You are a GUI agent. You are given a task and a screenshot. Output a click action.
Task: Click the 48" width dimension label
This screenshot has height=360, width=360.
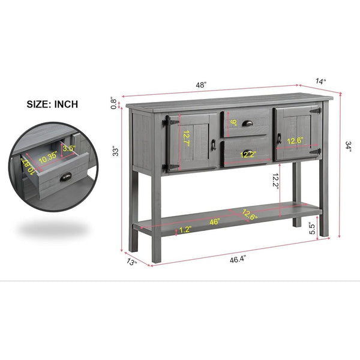pos(201,85)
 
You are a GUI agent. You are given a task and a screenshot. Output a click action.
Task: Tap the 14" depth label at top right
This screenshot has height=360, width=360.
pos(320,81)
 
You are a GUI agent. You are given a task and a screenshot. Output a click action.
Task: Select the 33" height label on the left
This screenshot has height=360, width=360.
pos(115,151)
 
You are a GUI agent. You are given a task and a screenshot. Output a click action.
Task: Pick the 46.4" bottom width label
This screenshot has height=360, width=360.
pos(238,259)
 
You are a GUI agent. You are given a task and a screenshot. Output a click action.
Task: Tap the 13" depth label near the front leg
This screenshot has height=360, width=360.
pos(132,262)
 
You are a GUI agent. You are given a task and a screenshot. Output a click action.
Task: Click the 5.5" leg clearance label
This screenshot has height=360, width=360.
pos(313,228)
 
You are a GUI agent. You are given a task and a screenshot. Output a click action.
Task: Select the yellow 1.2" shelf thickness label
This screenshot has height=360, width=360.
pos(185,230)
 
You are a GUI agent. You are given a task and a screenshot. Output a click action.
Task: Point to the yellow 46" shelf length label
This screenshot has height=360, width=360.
pos(215,222)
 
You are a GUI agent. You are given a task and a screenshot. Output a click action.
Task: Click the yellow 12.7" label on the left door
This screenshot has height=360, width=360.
pos(187,139)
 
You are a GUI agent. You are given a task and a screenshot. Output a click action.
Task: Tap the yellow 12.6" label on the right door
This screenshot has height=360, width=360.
pos(295,140)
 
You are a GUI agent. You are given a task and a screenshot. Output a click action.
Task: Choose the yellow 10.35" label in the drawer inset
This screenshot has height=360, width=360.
pos(48,157)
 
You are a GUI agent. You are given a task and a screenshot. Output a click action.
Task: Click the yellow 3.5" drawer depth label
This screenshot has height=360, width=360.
pos(69,148)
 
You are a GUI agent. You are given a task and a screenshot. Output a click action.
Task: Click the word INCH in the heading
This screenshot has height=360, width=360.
pos(66,104)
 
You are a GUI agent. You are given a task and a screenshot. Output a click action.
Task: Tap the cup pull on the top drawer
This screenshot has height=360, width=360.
pos(247,123)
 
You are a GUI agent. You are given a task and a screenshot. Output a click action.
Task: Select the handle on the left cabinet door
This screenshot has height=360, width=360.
pos(213,145)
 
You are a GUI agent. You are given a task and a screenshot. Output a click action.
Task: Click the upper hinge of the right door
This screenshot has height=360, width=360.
pos(316,111)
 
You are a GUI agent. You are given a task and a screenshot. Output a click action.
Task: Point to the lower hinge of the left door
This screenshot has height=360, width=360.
pos(170,167)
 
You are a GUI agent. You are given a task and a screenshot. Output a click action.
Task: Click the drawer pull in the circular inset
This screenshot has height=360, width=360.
pos(65,177)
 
